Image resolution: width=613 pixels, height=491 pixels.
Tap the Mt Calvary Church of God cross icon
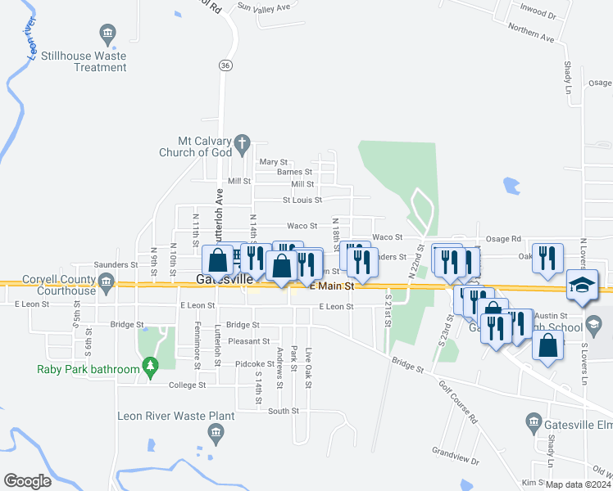point(242,145)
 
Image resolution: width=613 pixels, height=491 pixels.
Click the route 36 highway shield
point(225,65)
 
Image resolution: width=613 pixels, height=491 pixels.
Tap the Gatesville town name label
point(225,280)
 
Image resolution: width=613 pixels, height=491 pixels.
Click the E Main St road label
point(332,286)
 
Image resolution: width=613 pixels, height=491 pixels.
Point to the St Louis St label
point(302,200)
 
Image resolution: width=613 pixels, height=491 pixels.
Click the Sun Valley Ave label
point(264,7)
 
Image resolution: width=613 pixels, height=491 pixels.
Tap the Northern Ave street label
point(531,33)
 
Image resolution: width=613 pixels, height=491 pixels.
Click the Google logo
point(27,481)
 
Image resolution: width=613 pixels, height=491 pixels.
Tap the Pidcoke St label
point(255,363)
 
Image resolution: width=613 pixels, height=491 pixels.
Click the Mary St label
point(274,162)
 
